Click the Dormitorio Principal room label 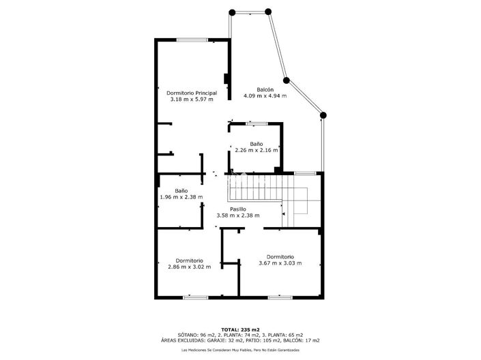[192, 93]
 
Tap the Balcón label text [265, 89]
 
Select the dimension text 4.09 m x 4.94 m [265, 95]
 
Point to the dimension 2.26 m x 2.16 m [256, 150]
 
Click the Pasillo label [238, 209]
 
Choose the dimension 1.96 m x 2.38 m [181, 197]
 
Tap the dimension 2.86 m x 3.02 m [189, 267]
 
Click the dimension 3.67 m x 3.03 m [280, 263]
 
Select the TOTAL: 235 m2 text [240, 330]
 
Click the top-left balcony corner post [232, 12]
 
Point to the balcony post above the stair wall [323, 115]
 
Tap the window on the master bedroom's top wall [192, 40]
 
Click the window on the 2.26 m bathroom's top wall [257, 123]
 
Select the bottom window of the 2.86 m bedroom [196, 297]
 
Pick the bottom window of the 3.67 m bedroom [280, 297]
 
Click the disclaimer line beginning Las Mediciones [240, 350]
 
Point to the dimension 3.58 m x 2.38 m [238, 215]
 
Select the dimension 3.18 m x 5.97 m [192, 99]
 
